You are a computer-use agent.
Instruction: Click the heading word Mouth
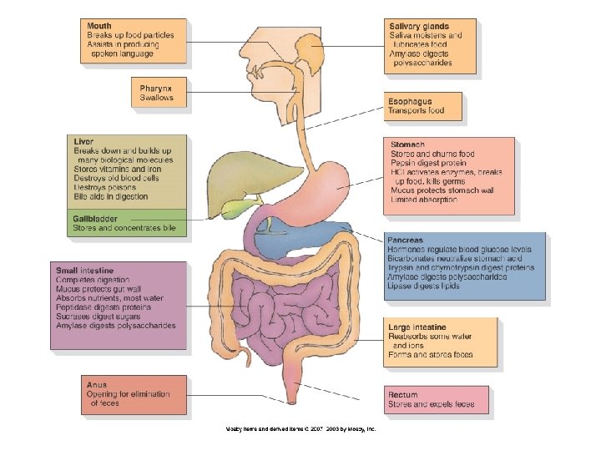tap(99, 27)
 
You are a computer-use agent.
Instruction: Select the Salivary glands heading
tap(418, 28)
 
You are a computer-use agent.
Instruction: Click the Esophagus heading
tap(410, 101)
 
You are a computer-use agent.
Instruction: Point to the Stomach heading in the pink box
tap(407, 145)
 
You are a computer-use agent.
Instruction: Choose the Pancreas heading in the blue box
tap(406, 241)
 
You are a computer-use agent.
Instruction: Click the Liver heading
tap(83, 141)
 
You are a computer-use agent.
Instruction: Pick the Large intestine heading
tap(417, 327)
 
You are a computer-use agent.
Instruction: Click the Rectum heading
tap(402, 395)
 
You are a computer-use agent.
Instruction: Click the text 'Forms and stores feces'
tap(430, 355)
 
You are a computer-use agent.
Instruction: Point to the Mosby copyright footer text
tap(301, 428)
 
